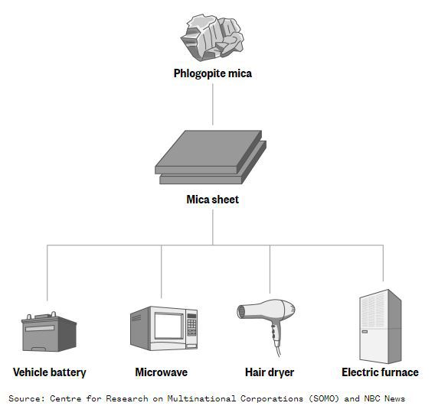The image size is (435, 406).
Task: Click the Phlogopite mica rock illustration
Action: pos(212,37)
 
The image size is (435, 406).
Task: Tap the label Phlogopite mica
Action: pos(213,73)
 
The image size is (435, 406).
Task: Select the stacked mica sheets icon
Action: pos(211,157)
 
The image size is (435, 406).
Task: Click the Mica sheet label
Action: pos(212,200)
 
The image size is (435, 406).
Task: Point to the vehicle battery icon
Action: pos(49,332)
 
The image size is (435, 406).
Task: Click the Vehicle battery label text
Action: pos(49,372)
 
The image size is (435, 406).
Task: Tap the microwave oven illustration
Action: pos(164,328)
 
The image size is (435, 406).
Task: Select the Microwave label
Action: pos(161,372)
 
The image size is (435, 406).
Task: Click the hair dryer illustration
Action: pos(266,326)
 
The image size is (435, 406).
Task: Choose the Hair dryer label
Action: pos(270,372)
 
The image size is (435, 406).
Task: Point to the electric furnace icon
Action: pos(380,326)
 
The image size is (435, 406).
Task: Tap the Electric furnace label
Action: pos(380,372)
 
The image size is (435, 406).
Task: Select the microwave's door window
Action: pos(168,326)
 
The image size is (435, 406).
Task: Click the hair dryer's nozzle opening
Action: pos(240,311)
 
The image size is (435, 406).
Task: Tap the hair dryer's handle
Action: pos(276,333)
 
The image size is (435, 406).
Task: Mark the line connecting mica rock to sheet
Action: pos(213,105)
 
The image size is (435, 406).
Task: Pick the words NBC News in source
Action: pos(384,398)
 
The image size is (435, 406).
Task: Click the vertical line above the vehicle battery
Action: pos(47,273)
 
